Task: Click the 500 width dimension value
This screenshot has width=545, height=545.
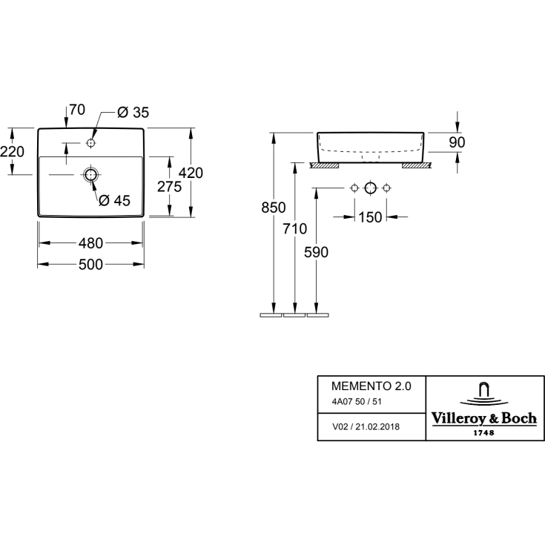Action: pyautogui.click(x=90, y=265)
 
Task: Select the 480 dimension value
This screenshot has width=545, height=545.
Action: pyautogui.click(x=90, y=243)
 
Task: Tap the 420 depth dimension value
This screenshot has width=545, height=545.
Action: pyautogui.click(x=191, y=173)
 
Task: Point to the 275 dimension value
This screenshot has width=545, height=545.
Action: pyautogui.click(x=169, y=187)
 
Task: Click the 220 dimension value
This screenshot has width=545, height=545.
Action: pyautogui.click(x=12, y=151)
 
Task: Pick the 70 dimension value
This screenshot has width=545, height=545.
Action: pyautogui.click(x=77, y=110)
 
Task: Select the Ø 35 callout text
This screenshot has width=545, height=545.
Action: pyautogui.click(x=133, y=112)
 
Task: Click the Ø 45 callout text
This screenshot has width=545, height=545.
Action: pyautogui.click(x=114, y=200)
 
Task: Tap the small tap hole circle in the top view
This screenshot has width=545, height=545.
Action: pyautogui.click(x=90, y=142)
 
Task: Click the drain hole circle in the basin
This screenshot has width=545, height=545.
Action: pyautogui.click(x=90, y=174)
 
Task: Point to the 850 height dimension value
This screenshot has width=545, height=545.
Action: pyautogui.click(x=274, y=208)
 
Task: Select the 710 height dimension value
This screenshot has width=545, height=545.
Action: pyautogui.click(x=295, y=228)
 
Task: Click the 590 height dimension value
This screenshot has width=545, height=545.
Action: pyautogui.click(x=316, y=252)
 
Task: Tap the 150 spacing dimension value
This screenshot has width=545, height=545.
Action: pyautogui.click(x=370, y=217)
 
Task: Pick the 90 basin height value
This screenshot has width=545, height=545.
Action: pyautogui.click(x=457, y=142)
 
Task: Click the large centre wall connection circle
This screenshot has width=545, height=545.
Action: pyautogui.click(x=371, y=188)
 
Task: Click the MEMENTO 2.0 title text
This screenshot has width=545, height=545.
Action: pyautogui.click(x=371, y=386)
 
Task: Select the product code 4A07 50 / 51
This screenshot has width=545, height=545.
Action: pyautogui.click(x=357, y=402)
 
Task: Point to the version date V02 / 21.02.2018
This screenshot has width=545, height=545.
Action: pyautogui.click(x=366, y=427)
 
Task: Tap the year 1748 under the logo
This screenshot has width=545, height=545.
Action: pyautogui.click(x=484, y=433)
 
